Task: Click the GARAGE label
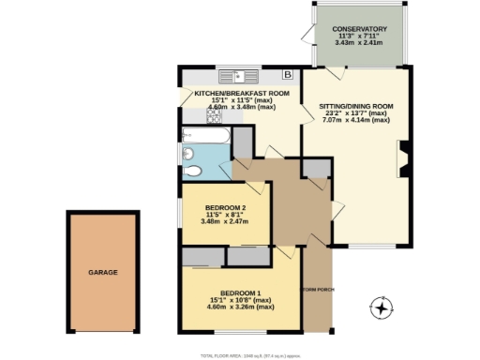coord(103,272)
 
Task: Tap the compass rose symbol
coord(382,307)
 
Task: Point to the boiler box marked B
coord(288,75)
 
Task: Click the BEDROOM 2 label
coord(224,208)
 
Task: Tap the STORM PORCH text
coord(318,289)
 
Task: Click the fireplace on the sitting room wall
coord(403,159)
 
